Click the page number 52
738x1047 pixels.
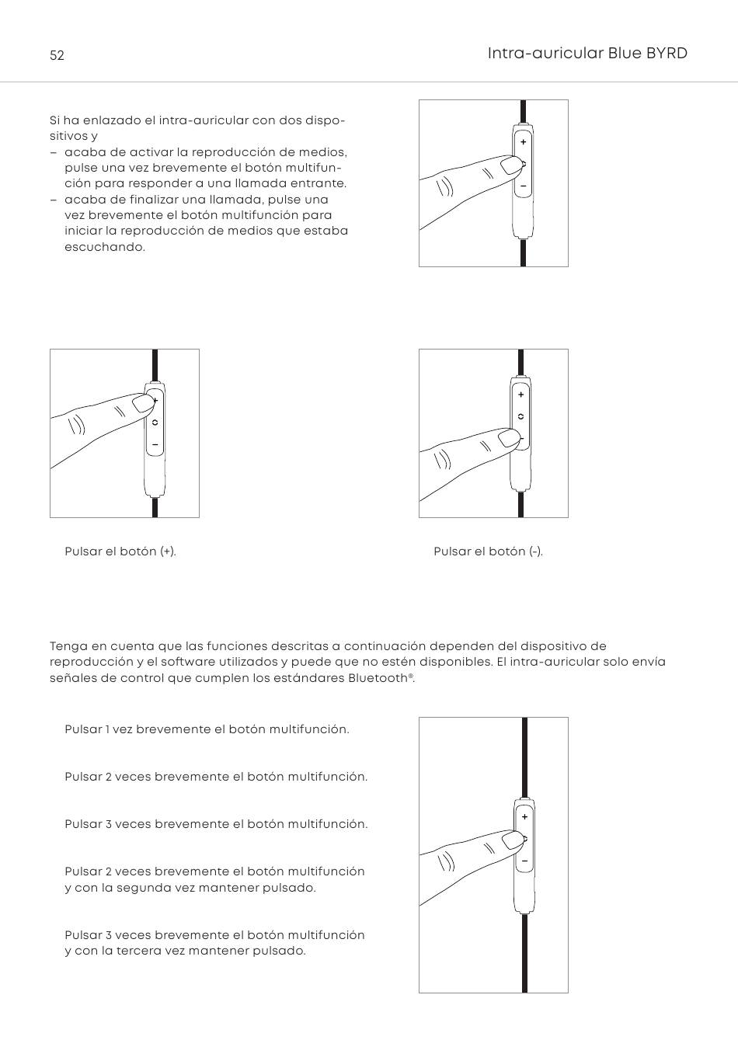57,55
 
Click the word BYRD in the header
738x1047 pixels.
667,53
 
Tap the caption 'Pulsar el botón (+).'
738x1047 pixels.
120,551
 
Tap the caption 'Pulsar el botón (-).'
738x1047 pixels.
488,551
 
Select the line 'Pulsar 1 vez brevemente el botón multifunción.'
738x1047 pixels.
207,729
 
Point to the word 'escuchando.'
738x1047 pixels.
105,247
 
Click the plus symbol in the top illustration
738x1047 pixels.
524,142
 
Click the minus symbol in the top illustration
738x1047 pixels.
524,186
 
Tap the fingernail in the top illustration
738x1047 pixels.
510,165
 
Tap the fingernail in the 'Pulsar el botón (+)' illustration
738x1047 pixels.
142,403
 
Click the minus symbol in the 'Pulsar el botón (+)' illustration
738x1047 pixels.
155,445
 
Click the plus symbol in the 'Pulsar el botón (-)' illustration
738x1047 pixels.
520,395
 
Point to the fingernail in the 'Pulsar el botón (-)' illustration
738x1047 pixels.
508,439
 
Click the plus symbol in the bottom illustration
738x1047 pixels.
524,817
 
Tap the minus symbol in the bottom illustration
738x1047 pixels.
524,861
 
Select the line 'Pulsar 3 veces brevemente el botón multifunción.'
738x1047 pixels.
216,824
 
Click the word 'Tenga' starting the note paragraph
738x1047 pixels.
66,646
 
